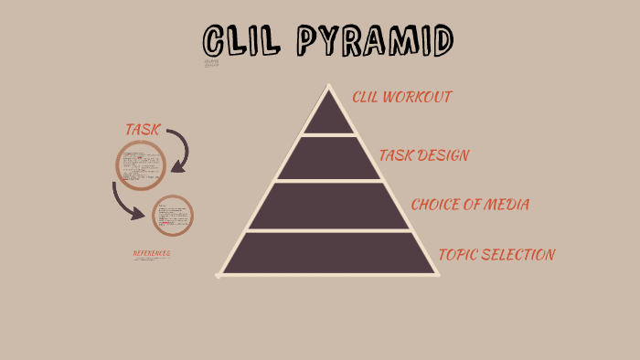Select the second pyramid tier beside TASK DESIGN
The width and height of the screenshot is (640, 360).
pyautogui.click(x=327, y=158)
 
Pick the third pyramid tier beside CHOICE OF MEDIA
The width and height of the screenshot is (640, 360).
pyautogui.click(x=327, y=206)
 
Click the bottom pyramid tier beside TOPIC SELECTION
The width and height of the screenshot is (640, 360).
pyautogui.click(x=327, y=253)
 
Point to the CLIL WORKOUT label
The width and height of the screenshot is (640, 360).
pyautogui.click(x=402, y=97)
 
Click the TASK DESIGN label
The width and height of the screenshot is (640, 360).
pyautogui.click(x=424, y=155)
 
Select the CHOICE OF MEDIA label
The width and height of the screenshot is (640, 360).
pyautogui.click(x=469, y=204)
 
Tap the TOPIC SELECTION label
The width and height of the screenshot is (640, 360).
pyautogui.click(x=496, y=254)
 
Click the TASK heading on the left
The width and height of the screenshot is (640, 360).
pyautogui.click(x=142, y=130)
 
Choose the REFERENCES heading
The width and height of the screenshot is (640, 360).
pyautogui.click(x=152, y=253)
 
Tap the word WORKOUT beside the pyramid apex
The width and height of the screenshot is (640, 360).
pyautogui.click(x=419, y=97)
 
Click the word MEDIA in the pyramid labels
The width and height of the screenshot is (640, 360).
pyautogui.click(x=505, y=204)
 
